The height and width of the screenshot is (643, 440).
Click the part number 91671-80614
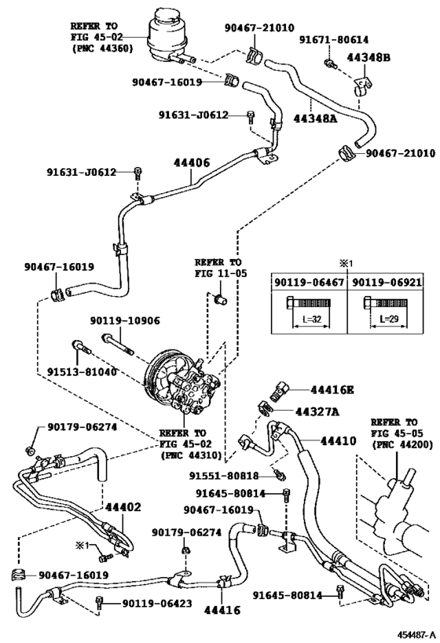[335, 38]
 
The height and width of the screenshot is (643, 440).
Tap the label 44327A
[317, 411]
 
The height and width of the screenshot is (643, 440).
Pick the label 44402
[123, 507]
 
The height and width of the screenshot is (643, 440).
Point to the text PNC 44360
[103, 49]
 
